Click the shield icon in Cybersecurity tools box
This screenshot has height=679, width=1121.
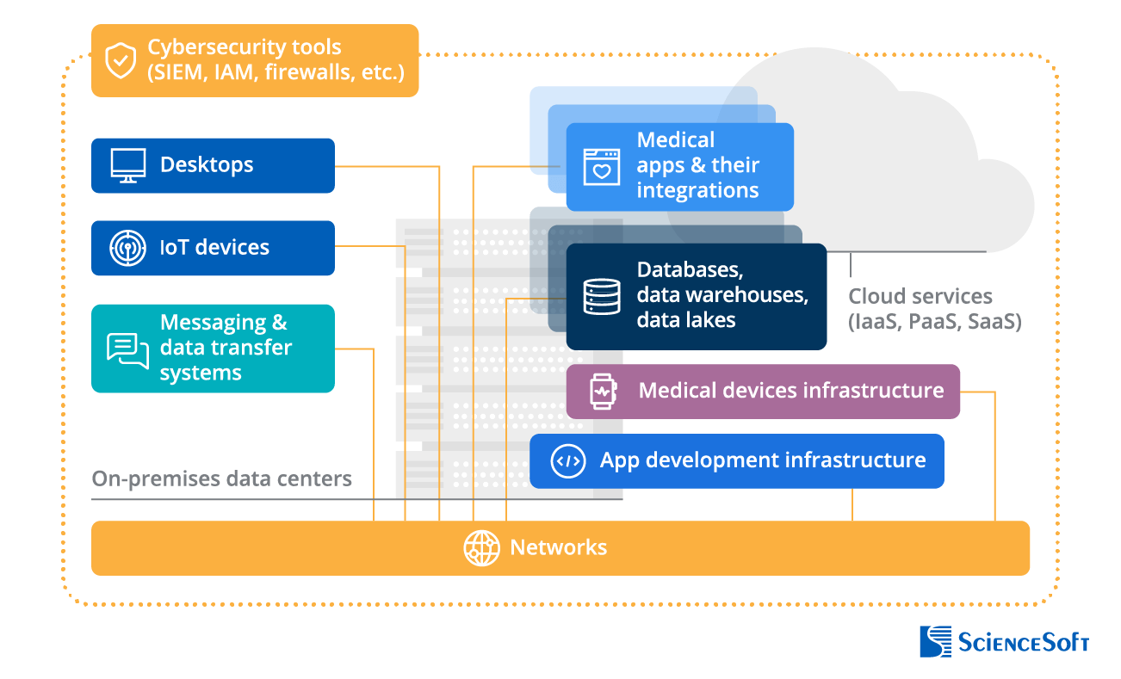pos(120,61)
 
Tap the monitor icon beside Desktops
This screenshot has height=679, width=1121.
pos(127,165)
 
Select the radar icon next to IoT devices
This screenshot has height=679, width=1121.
pos(127,248)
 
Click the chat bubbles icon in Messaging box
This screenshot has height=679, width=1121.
pos(127,349)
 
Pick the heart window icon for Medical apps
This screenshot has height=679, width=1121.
pos(601,166)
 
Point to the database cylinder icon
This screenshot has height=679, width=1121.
pos(601,296)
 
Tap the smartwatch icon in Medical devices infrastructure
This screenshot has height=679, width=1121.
pos(602,391)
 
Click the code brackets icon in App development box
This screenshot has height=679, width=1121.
pos(567,460)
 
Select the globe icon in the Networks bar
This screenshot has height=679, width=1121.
pos(481,547)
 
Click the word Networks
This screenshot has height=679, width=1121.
pos(558,547)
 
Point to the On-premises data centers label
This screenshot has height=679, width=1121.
pos(222,478)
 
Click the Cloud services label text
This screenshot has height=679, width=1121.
pos(920,297)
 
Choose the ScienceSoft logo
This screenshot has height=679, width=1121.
pos(1004,642)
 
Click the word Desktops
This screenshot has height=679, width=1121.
pos(207,165)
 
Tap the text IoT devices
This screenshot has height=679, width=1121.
pos(214,248)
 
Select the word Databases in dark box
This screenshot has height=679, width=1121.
pos(690,269)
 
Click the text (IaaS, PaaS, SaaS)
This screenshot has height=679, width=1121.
pos(934,323)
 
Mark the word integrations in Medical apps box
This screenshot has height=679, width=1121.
pos(697,190)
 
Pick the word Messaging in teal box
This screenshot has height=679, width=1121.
pos(223,323)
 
